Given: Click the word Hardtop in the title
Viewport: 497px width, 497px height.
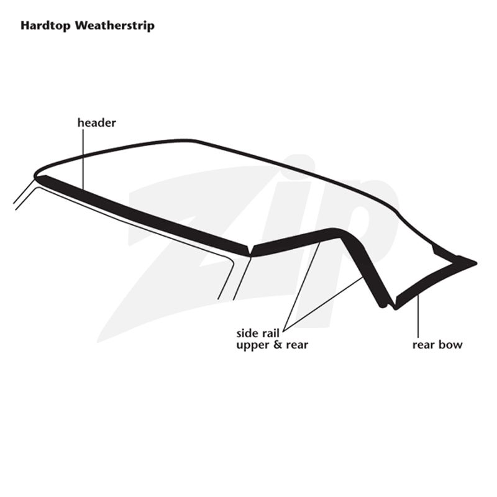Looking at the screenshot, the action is coord(45,25).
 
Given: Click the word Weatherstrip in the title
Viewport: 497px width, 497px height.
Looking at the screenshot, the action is coord(115,25).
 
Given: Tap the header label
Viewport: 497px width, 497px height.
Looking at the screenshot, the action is coord(97,122).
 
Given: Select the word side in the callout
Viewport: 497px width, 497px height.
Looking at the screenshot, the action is coord(247,334).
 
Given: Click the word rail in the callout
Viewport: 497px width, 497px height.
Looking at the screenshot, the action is coord(270,334).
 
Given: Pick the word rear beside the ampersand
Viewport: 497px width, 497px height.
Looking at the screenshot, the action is coord(297,345).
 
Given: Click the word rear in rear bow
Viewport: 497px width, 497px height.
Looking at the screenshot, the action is coord(424,345).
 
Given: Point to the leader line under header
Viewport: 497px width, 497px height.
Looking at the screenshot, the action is coord(83,159).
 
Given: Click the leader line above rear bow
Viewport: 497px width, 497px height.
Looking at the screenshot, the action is coord(418,316).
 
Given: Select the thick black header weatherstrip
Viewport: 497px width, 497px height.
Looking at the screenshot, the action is coord(144,215).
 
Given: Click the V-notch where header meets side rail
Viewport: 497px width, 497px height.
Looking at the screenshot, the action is coord(251,250).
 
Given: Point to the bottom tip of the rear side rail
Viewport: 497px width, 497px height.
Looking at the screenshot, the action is coord(383,306).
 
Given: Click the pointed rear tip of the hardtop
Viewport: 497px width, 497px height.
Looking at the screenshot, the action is coord(476,263).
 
